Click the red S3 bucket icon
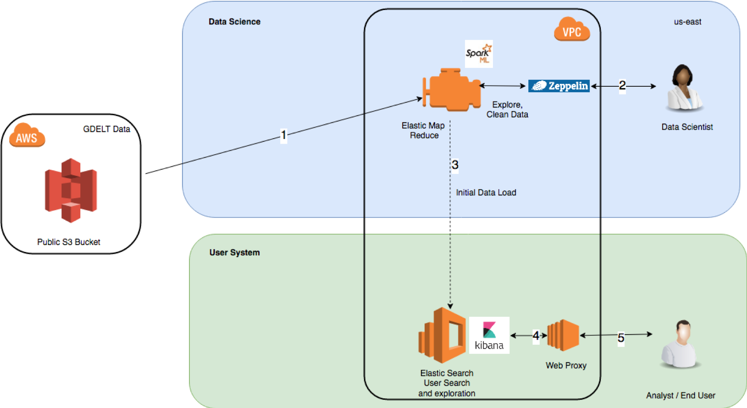(x=71, y=190)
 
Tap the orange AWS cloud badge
(x=27, y=135)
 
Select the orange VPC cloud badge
(x=571, y=30)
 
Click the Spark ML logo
(x=479, y=54)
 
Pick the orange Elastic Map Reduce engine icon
(x=452, y=89)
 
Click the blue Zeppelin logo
(x=559, y=86)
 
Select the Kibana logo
(x=489, y=335)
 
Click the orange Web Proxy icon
(x=564, y=335)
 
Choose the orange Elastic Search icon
(x=442, y=335)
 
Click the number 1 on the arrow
(x=283, y=135)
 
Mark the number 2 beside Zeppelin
(x=622, y=85)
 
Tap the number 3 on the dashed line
(x=455, y=165)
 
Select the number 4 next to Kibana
(x=536, y=335)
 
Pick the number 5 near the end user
(x=620, y=338)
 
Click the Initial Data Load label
(x=486, y=193)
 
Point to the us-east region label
(x=687, y=22)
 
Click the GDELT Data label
(x=106, y=129)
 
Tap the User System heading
(x=234, y=252)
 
